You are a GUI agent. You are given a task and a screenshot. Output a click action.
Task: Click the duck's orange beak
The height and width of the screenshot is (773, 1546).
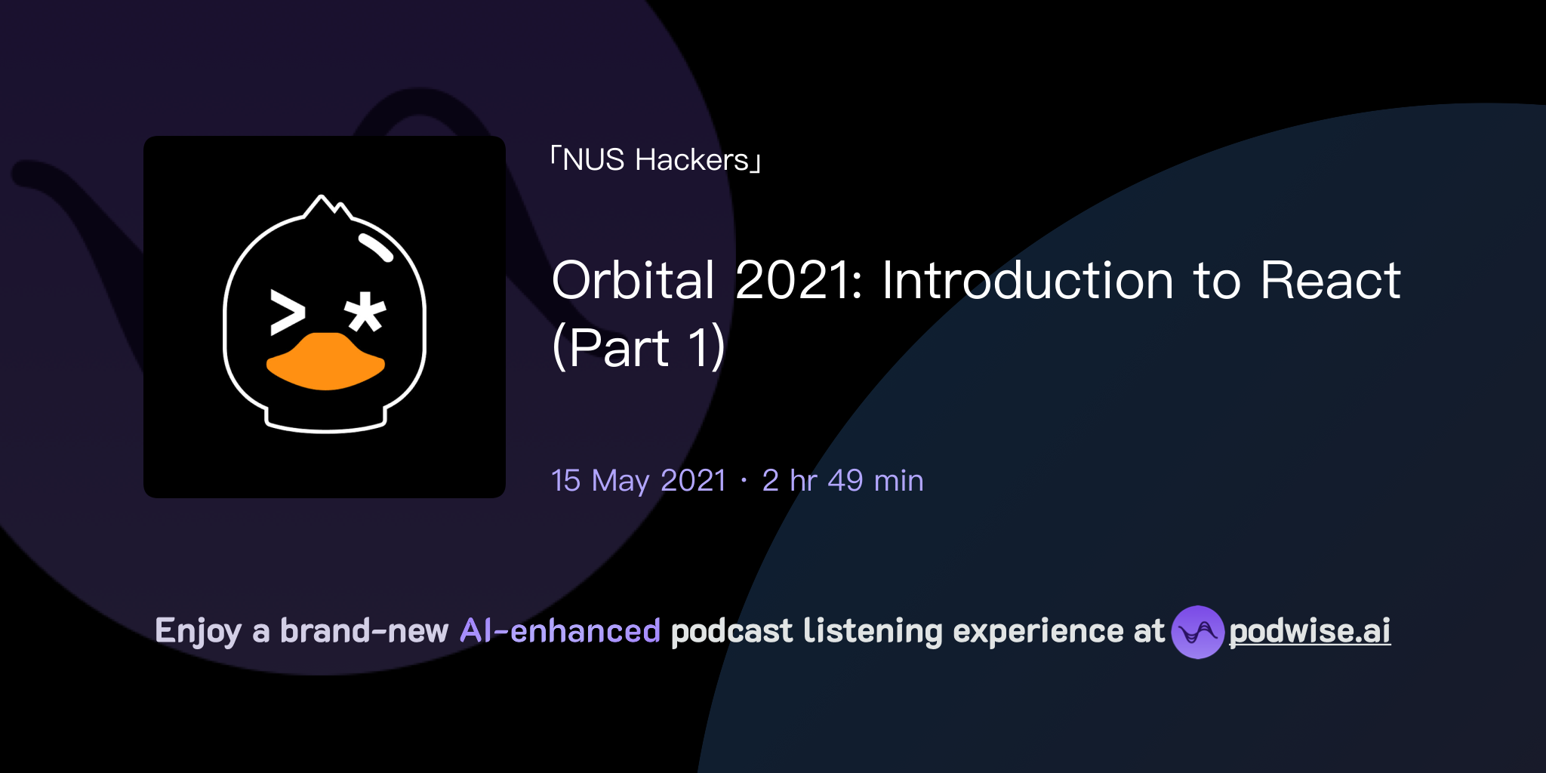coord(326,362)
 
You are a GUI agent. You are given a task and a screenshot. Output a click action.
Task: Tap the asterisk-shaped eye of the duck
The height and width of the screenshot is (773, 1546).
coord(365,312)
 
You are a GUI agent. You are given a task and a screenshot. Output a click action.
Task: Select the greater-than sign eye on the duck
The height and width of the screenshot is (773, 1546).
coord(287,313)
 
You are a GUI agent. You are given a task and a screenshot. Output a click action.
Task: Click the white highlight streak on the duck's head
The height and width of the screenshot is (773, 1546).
coord(375,247)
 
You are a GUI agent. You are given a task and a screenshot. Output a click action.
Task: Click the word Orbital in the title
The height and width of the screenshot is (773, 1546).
coord(633,281)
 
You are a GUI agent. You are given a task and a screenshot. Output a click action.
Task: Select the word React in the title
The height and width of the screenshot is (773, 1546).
coord(1330,281)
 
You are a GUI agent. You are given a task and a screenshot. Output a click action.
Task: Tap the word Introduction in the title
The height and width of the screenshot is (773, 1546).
coord(1027,281)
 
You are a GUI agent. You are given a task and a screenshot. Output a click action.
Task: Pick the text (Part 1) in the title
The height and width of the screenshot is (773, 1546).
coord(639,348)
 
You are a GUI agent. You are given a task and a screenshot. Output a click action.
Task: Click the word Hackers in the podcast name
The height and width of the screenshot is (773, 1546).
coord(691,160)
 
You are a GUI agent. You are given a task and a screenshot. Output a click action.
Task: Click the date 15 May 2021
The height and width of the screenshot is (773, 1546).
coord(639,481)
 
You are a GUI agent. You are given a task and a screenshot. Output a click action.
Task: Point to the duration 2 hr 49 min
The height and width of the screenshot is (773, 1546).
coord(842,481)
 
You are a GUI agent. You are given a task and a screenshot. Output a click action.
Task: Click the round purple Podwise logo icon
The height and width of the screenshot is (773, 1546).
coord(1197,632)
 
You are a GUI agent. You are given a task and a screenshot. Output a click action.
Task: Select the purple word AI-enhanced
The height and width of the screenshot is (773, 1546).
coord(560,631)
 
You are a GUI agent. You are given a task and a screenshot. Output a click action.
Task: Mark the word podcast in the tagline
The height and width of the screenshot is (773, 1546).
coord(731,631)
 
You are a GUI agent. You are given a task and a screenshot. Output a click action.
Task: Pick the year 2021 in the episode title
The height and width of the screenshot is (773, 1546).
coord(799,281)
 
